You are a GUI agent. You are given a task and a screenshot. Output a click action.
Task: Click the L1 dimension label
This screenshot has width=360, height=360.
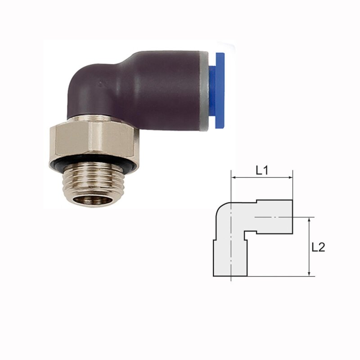click(x=262, y=171)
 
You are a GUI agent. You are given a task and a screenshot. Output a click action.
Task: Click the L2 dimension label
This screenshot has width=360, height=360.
click(x=318, y=247)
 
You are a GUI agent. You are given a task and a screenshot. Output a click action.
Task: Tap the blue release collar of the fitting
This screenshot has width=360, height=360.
click(x=217, y=90)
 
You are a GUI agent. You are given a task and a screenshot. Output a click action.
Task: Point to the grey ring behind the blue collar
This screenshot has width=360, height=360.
click(x=204, y=91)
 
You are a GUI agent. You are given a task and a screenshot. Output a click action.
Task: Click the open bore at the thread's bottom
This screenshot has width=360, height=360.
click(x=93, y=200)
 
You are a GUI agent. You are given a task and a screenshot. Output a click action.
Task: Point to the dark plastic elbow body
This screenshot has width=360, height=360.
click(x=133, y=90)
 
